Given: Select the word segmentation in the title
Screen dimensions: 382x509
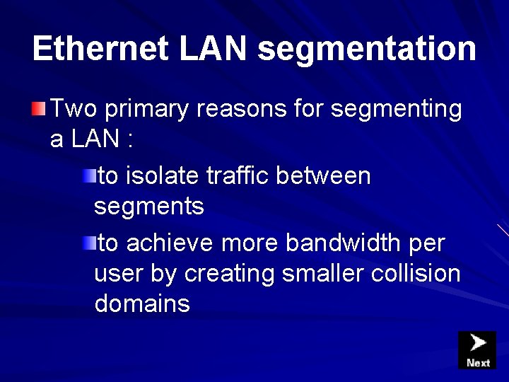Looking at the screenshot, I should click(x=367, y=49).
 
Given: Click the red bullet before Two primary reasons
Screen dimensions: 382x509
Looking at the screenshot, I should click(x=39, y=109).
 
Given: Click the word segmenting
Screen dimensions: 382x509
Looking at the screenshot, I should click(x=396, y=110).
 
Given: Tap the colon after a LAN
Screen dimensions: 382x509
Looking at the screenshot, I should click(x=129, y=139).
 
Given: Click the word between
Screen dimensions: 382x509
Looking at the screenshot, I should click(x=323, y=175).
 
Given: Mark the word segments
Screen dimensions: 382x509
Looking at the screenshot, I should click(x=149, y=207).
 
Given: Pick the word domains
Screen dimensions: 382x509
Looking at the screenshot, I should click(x=142, y=304).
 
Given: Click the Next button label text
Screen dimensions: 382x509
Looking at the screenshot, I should click(x=478, y=363).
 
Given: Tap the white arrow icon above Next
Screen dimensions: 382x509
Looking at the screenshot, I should click(x=479, y=344).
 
